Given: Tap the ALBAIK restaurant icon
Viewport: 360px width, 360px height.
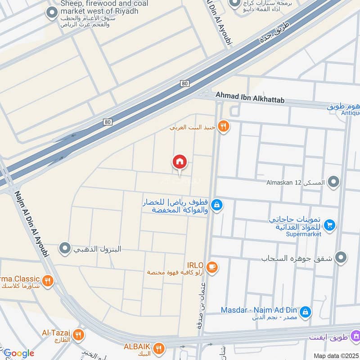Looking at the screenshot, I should (x=158, y=347).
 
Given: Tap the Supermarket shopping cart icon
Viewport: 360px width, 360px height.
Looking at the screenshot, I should (x=330, y=224).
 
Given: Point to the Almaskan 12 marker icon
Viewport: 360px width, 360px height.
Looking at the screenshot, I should (x=333, y=182).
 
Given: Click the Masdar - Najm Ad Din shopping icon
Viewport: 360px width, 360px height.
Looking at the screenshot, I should (x=305, y=311).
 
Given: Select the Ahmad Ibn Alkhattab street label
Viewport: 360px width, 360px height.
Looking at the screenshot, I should (x=250, y=96).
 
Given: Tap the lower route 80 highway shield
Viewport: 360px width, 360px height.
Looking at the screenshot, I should (x=107, y=121).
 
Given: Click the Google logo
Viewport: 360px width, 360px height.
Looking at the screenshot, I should (x=18, y=353).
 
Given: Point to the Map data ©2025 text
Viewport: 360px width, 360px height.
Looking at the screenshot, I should (x=335, y=355).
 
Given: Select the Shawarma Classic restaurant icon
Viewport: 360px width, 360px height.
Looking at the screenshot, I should (x=48, y=282).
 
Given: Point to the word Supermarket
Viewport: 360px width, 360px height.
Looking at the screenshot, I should (x=305, y=234).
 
